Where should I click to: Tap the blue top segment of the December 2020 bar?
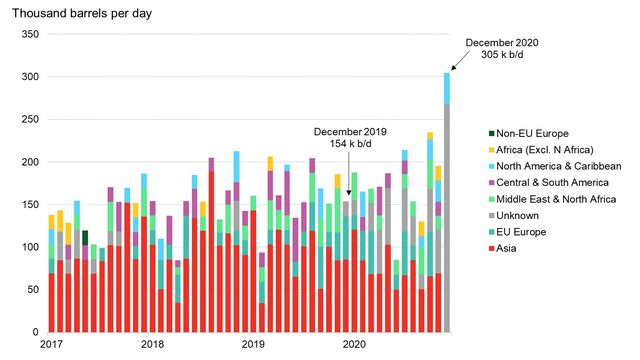[447, 88]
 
